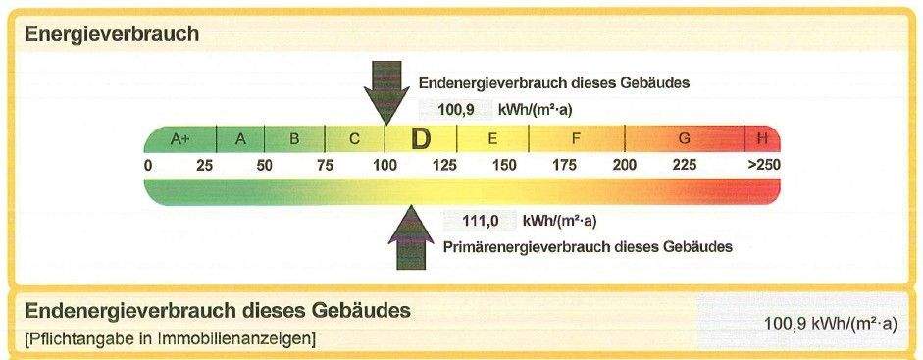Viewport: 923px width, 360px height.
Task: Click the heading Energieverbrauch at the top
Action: tap(112, 34)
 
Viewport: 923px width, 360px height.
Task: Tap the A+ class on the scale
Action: tap(180, 138)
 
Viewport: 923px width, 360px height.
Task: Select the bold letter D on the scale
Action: tap(421, 138)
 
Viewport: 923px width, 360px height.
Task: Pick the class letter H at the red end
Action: tap(762, 138)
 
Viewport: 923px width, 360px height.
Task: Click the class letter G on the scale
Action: tap(684, 138)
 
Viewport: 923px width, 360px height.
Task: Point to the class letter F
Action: tap(576, 138)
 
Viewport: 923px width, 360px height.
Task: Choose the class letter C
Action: tap(355, 138)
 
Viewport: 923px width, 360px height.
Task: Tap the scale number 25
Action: tap(204, 165)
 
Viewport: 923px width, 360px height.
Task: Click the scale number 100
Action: tap(384, 165)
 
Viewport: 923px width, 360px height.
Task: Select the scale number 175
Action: tap(564, 165)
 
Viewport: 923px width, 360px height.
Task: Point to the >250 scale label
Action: tap(763, 165)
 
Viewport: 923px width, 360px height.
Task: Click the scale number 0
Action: tap(148, 165)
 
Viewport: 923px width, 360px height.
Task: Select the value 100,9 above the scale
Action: tap(456, 109)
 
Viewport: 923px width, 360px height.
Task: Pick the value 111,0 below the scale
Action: tap(483, 220)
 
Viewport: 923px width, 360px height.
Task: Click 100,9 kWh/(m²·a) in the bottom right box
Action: tap(830, 323)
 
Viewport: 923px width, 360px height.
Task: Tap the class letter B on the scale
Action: tap(293, 138)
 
